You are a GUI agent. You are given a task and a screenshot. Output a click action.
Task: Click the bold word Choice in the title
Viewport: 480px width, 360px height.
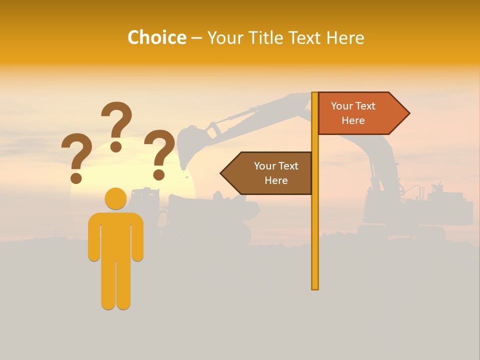tap(156, 37)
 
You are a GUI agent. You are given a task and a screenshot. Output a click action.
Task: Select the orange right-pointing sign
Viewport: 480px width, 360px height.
tap(360, 113)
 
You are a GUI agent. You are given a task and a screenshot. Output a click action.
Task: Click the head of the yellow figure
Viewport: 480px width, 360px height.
tap(115, 198)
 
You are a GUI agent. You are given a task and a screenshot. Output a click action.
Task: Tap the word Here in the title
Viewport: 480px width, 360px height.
tap(345, 37)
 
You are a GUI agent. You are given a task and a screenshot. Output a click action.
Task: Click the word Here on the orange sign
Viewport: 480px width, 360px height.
tap(353, 120)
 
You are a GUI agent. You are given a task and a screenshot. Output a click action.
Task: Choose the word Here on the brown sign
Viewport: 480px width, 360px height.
tap(276, 180)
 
